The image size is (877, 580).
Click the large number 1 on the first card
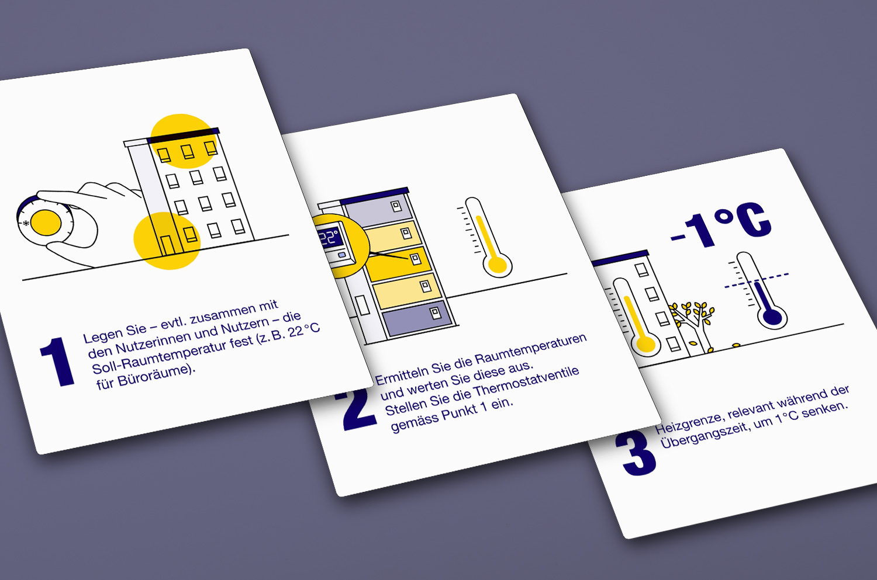pyautogui.click(x=57, y=362)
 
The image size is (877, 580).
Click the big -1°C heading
pyautogui.click(x=720, y=227)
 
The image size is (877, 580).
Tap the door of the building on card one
pyautogui.click(x=167, y=246)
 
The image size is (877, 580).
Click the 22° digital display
pyautogui.click(x=330, y=238)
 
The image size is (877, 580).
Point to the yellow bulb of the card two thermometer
pyautogui.click(x=498, y=265)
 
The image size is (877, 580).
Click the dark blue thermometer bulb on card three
pyautogui.click(x=772, y=317)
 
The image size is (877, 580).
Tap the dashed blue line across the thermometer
pyautogui.click(x=757, y=281)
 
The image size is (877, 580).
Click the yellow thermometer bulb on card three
pyautogui.click(x=645, y=345)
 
